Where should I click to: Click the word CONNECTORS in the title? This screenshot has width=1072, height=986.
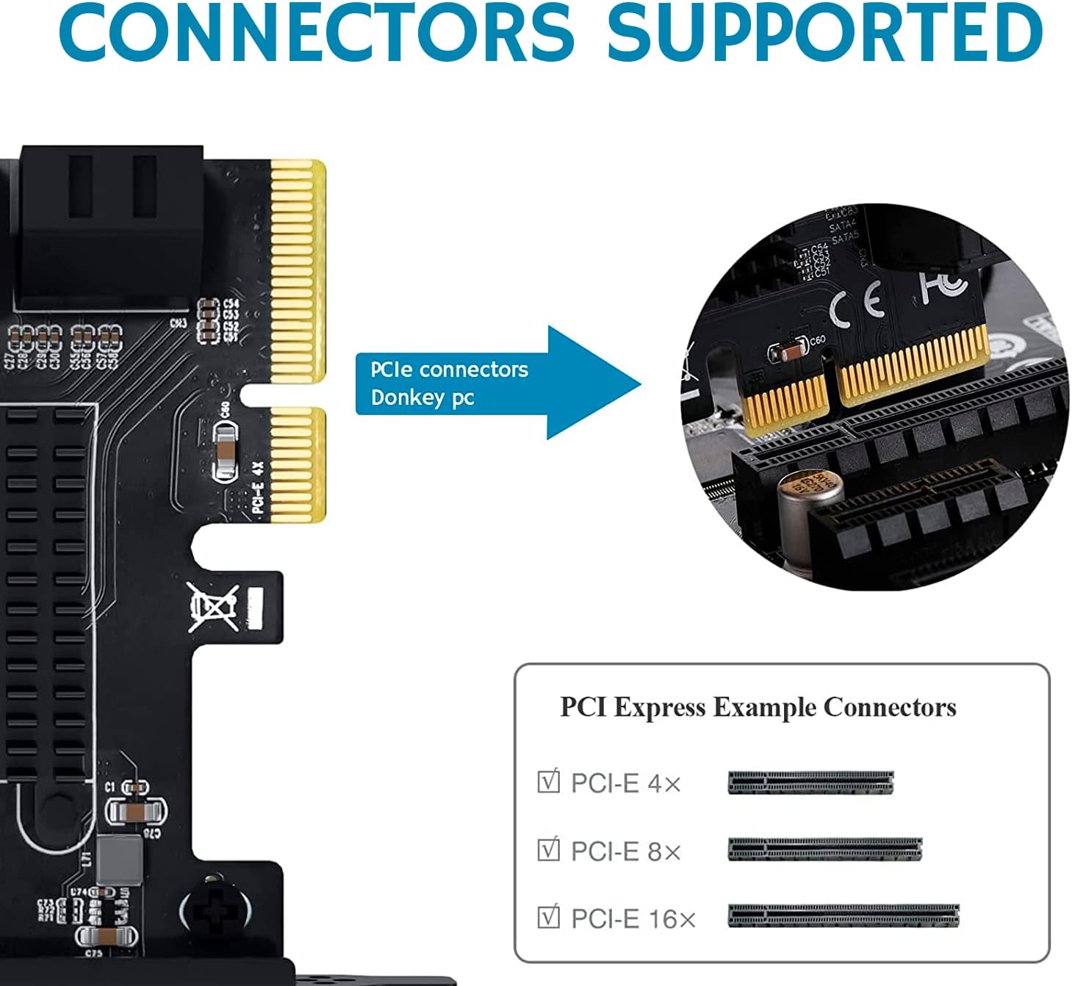tap(316, 33)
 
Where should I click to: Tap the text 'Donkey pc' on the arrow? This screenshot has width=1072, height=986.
tap(422, 398)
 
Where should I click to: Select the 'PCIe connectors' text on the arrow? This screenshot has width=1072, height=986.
tap(449, 369)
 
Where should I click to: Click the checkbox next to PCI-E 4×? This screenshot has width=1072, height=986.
tap(549, 782)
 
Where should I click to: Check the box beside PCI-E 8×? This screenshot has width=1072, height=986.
tap(549, 850)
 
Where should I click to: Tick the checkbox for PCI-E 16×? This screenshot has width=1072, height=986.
tap(549, 918)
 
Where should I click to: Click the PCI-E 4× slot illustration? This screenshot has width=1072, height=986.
tap(810, 782)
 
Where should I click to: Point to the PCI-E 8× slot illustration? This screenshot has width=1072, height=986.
tap(824, 850)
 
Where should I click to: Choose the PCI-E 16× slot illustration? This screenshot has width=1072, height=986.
tap(843, 916)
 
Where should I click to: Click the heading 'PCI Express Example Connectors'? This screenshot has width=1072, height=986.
tap(758, 708)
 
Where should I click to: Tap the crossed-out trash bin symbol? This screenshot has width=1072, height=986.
tap(213, 607)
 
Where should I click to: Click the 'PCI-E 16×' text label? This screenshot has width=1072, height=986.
tap(633, 918)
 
